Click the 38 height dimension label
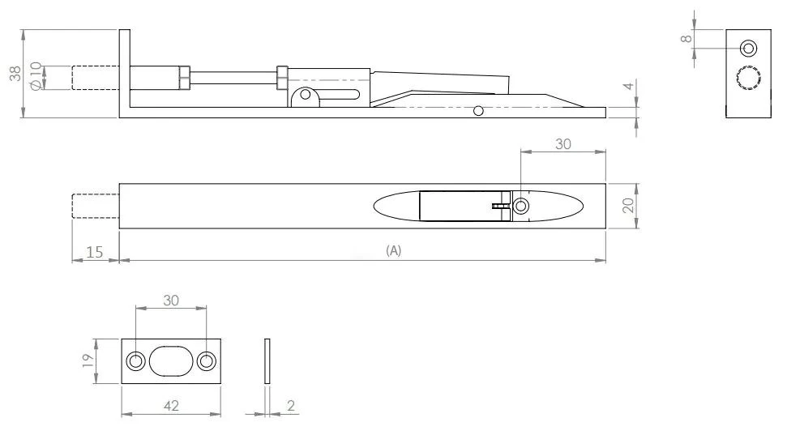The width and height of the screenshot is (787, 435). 15,74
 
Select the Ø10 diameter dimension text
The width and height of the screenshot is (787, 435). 35,76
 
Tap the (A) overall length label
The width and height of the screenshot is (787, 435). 393,251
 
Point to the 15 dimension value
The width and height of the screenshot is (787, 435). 94,252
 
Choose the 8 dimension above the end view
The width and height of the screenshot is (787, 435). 686,38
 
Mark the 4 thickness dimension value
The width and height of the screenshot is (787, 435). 627,87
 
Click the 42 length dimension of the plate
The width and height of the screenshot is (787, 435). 170,404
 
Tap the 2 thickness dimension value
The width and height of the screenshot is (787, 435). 290,405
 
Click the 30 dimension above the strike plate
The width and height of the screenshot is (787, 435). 171,299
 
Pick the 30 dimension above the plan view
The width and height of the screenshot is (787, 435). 562,143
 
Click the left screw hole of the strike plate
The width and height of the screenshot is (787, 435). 135,361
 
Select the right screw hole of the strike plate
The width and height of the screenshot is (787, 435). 207,361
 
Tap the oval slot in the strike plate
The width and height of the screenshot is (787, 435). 171,361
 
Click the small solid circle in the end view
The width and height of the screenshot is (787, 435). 748,48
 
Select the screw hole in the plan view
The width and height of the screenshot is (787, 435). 520,207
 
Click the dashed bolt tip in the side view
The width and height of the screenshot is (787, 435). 95,77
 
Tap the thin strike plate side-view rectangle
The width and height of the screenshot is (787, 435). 269,361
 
